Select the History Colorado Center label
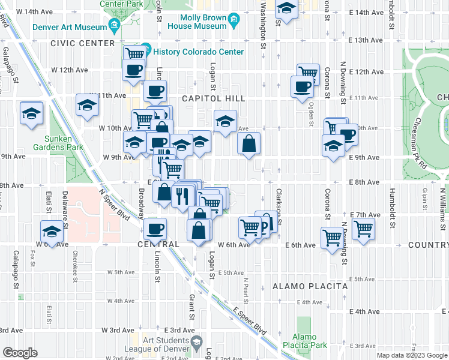pyautogui.click(x=198, y=52)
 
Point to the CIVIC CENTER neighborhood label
pyautogui.click(x=83, y=44)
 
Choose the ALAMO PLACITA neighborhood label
pyautogui.click(x=310, y=287)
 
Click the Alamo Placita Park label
pyautogui.click(x=310, y=341)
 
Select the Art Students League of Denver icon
pyautogui.click(x=196, y=342)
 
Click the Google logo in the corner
pyautogui.click(x=20, y=353)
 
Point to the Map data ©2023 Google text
pyautogui.click(x=411, y=355)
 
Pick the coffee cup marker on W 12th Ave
pyautogui.click(x=133, y=69)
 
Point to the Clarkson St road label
pyautogui.click(x=279, y=203)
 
